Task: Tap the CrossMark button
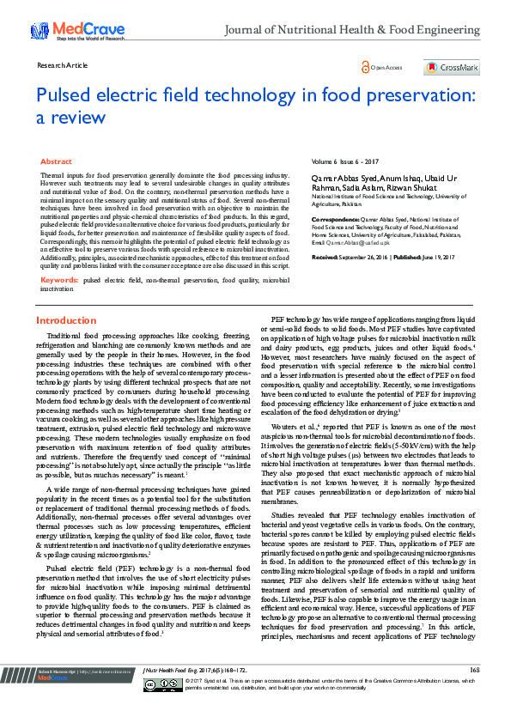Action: (452, 67)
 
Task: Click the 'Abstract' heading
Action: (56, 161)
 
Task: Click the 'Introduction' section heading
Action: (66, 320)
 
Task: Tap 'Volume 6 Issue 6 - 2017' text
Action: (346, 161)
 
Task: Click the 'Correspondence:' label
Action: (338, 219)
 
